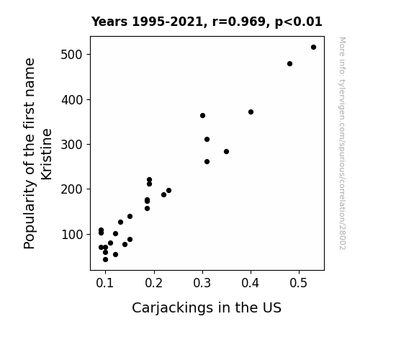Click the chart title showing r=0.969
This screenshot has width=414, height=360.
[x=207, y=22]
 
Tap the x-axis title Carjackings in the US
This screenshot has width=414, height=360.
[x=207, y=308]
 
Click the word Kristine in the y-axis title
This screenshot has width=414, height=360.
[x=47, y=154]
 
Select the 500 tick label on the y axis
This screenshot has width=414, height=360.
[x=72, y=55]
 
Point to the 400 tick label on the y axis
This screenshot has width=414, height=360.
[x=72, y=100]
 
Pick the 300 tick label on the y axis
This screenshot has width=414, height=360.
[x=72, y=145]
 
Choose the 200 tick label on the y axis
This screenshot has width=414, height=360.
[x=72, y=189]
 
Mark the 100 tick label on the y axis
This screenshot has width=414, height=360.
[x=72, y=235]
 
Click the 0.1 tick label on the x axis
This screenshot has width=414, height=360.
[x=105, y=283]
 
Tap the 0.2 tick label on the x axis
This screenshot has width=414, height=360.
[x=153, y=283]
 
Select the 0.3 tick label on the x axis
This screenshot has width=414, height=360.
[x=202, y=283]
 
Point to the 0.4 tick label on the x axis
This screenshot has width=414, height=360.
[x=251, y=283]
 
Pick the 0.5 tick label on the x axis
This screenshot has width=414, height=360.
[x=299, y=283]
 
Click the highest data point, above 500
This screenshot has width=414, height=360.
[x=313, y=48]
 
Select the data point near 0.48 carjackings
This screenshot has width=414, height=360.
[x=289, y=63]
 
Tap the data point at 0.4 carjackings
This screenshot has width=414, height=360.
[x=251, y=112]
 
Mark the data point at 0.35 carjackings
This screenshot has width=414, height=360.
[x=226, y=152]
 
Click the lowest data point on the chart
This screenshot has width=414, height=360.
[x=105, y=260]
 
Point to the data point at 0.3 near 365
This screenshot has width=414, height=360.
[x=202, y=116]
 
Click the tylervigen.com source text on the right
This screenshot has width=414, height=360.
[x=342, y=143]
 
